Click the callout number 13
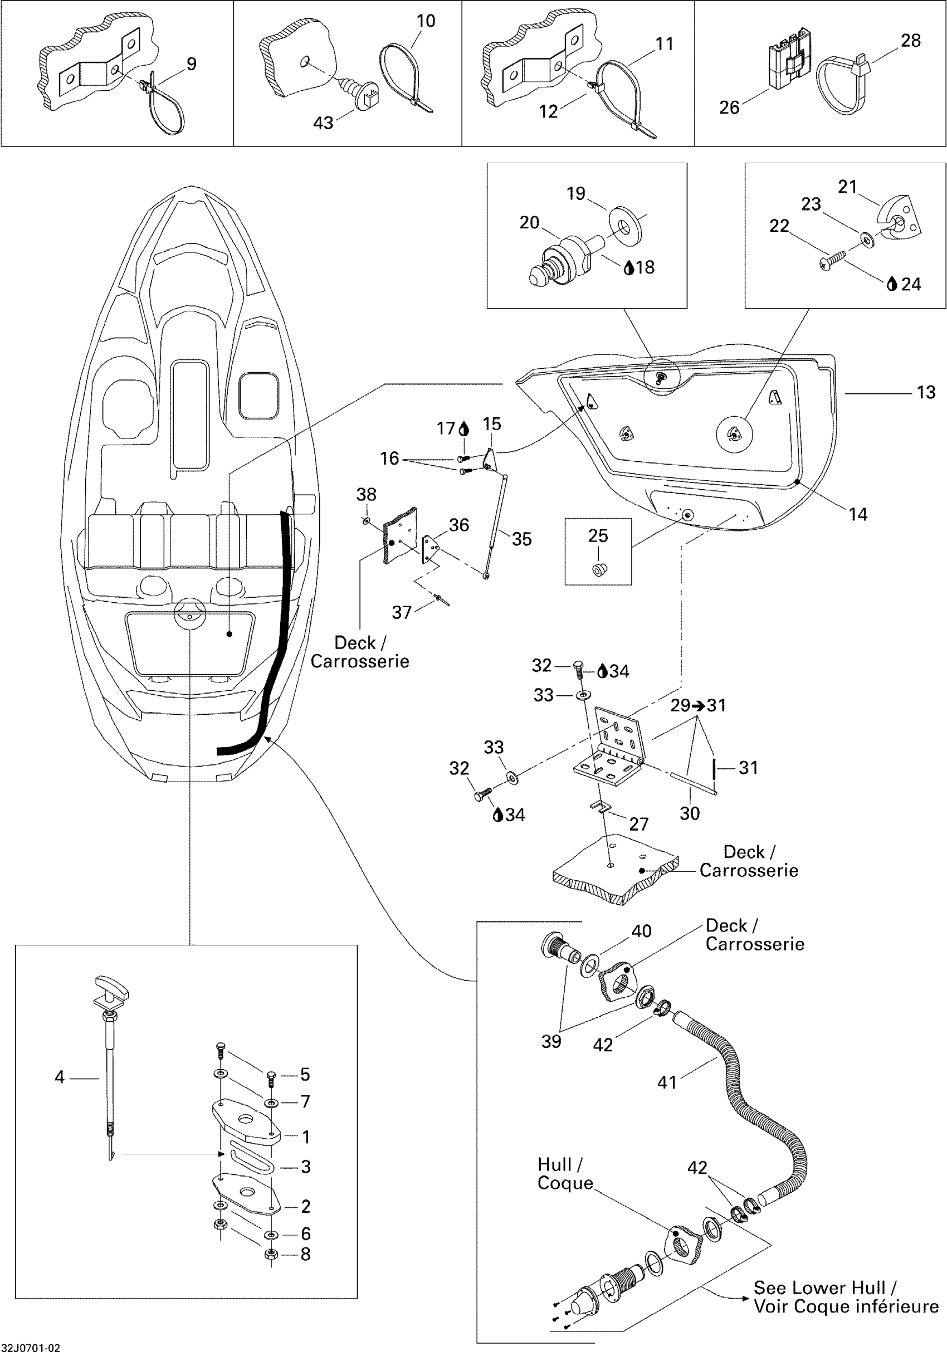point(926,392)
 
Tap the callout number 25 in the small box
point(598,536)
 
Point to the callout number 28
point(911,40)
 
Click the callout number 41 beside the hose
point(667,1082)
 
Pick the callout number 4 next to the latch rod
point(59,1077)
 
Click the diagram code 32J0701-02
point(30,1348)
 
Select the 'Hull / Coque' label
point(565,1173)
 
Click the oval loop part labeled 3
point(249,1159)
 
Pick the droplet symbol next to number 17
point(464,428)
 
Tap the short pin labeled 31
point(714,768)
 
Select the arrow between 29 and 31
point(699,705)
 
